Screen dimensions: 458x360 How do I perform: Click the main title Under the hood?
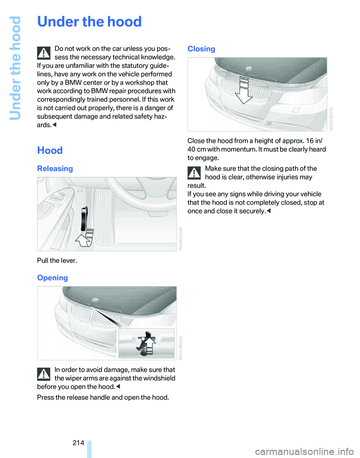89,22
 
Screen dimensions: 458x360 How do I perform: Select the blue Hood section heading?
49,151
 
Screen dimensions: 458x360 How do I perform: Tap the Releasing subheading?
55,169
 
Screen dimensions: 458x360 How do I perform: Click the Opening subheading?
52,278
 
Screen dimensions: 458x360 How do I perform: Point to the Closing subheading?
201,49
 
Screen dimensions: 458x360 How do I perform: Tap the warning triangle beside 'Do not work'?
44,53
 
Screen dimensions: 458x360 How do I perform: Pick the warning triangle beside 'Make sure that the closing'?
194,172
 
